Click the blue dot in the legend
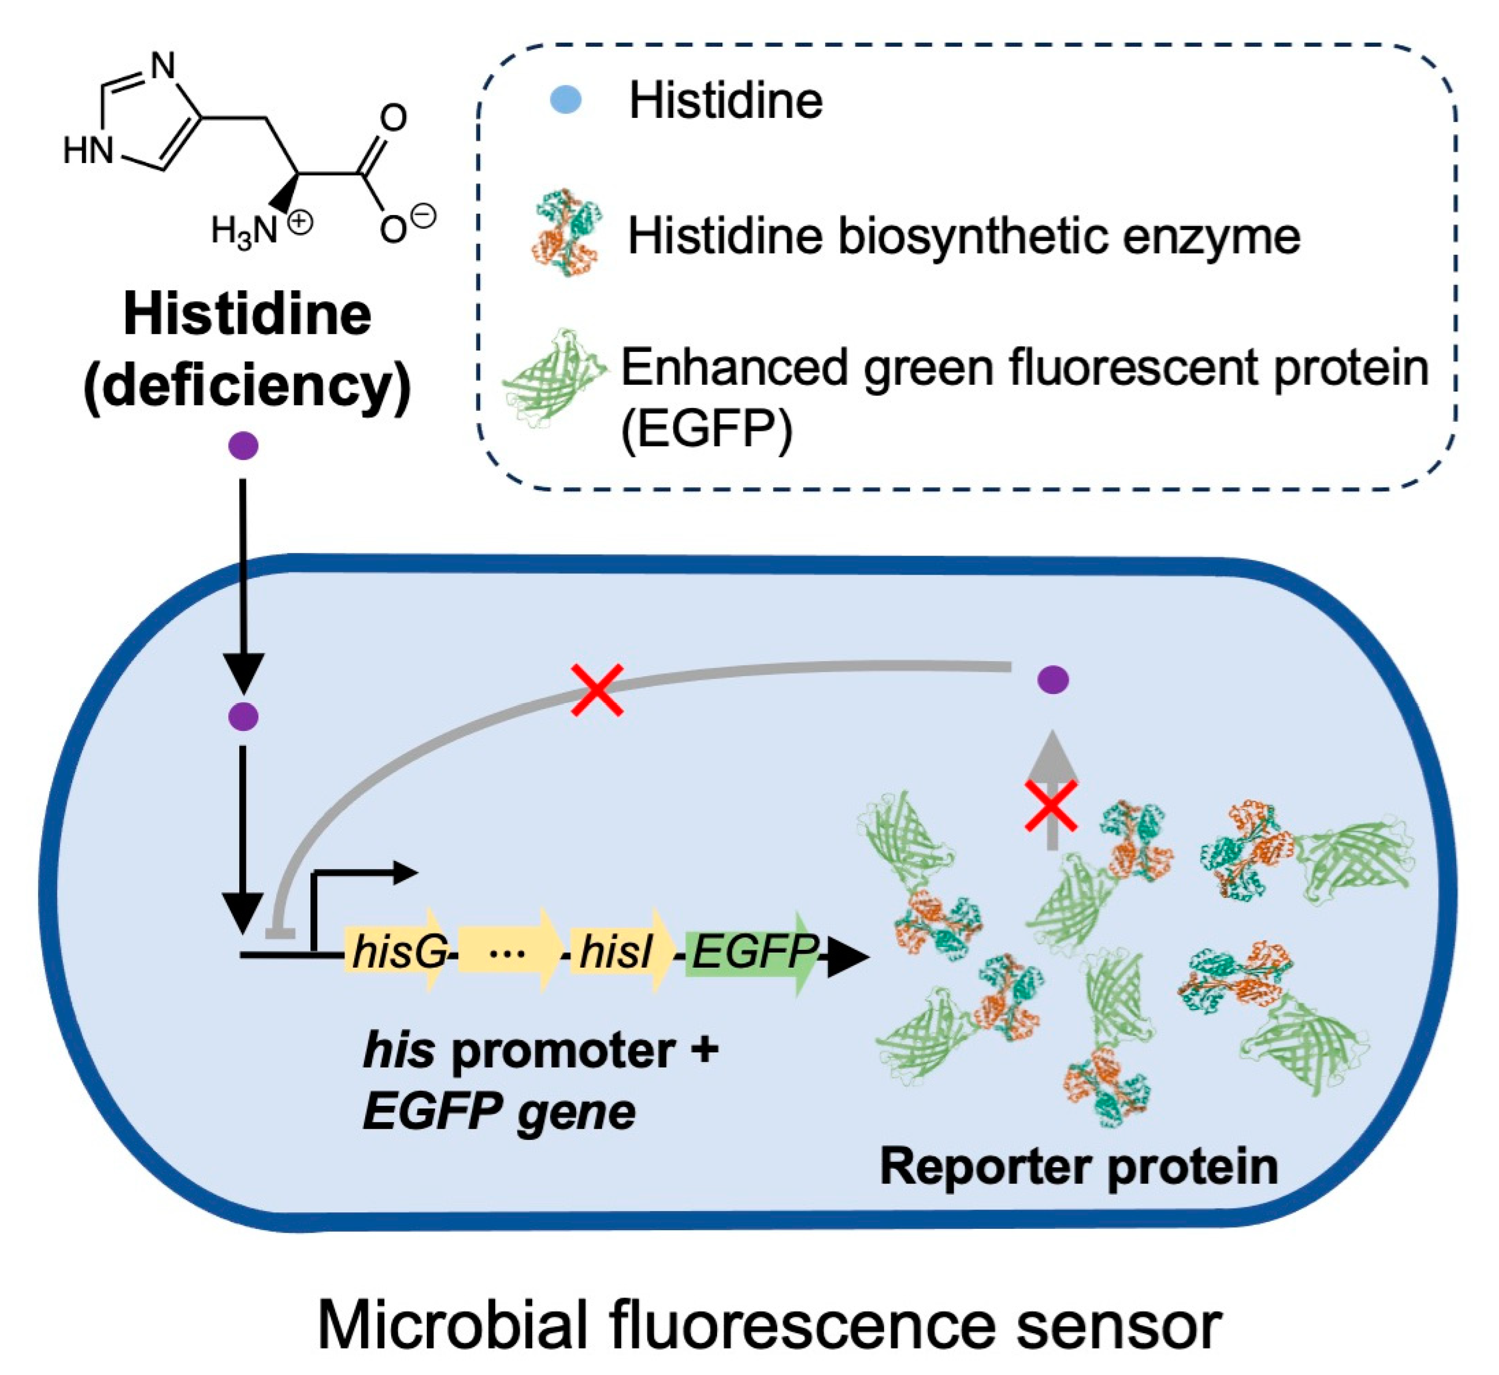[x=565, y=101]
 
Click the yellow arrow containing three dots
[x=508, y=952]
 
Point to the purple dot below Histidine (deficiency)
[x=243, y=446]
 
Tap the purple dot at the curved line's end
[x=1052, y=679]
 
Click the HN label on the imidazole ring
[x=88, y=151]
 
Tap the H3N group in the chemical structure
[x=245, y=231]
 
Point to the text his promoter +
[x=539, y=1050]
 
